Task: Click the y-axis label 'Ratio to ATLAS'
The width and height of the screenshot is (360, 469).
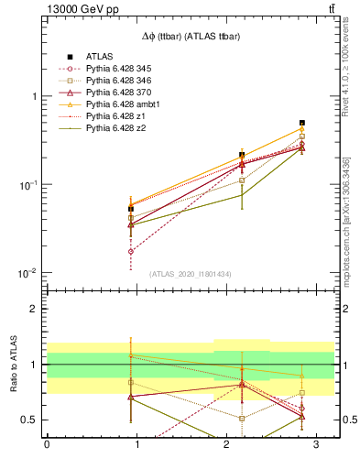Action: pos(12,364)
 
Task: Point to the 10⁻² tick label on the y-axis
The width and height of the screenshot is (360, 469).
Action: pos(28,274)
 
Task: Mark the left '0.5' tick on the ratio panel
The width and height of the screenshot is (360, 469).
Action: pos(30,420)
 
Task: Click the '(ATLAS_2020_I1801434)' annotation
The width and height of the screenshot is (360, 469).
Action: pos(190,274)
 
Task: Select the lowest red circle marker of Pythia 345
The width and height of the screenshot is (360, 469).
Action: pos(131,251)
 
